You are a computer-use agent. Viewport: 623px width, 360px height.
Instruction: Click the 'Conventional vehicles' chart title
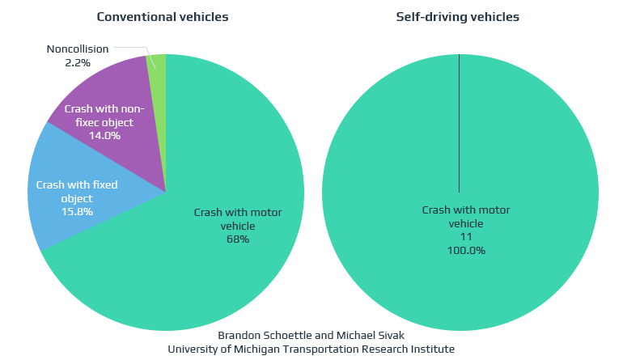[163, 17]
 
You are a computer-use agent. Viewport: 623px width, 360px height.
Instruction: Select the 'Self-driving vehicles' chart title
[457, 17]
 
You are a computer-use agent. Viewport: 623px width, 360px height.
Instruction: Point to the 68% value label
[238, 239]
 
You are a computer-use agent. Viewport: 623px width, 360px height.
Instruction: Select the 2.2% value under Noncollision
[78, 62]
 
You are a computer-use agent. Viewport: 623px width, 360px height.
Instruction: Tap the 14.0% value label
[104, 136]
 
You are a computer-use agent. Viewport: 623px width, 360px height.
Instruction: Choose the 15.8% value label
[77, 212]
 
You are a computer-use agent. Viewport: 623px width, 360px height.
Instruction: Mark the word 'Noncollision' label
[78, 49]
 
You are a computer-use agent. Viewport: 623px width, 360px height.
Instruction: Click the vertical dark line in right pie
[460, 121]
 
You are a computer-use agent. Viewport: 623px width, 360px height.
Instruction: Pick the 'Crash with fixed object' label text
[77, 192]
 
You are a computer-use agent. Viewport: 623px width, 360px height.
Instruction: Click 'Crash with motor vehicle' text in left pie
[238, 218]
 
